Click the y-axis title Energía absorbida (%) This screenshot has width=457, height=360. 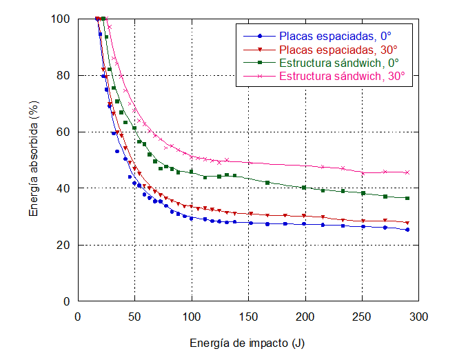coord(34,160)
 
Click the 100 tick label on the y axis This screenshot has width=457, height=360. coord(61,19)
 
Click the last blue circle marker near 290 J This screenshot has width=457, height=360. coord(407,230)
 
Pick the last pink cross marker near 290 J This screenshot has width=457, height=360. coord(407,172)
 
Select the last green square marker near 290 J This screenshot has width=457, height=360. coord(407,199)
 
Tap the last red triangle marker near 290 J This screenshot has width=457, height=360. coord(407,223)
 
